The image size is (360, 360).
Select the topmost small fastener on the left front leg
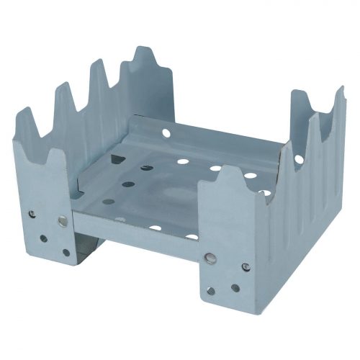click(x=32, y=213)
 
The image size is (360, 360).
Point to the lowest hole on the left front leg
click(x=66, y=252)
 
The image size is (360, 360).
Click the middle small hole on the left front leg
click(x=44, y=238)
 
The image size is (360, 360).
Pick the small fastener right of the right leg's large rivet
click(x=246, y=266)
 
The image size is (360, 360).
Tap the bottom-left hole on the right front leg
click(x=210, y=291)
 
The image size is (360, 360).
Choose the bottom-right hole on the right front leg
click(x=235, y=288)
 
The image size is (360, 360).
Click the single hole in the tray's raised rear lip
click(x=165, y=133)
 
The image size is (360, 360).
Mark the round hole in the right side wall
click(x=298, y=158)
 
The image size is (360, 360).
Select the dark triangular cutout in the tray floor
click(x=146, y=168)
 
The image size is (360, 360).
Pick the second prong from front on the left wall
click(x=63, y=97)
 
